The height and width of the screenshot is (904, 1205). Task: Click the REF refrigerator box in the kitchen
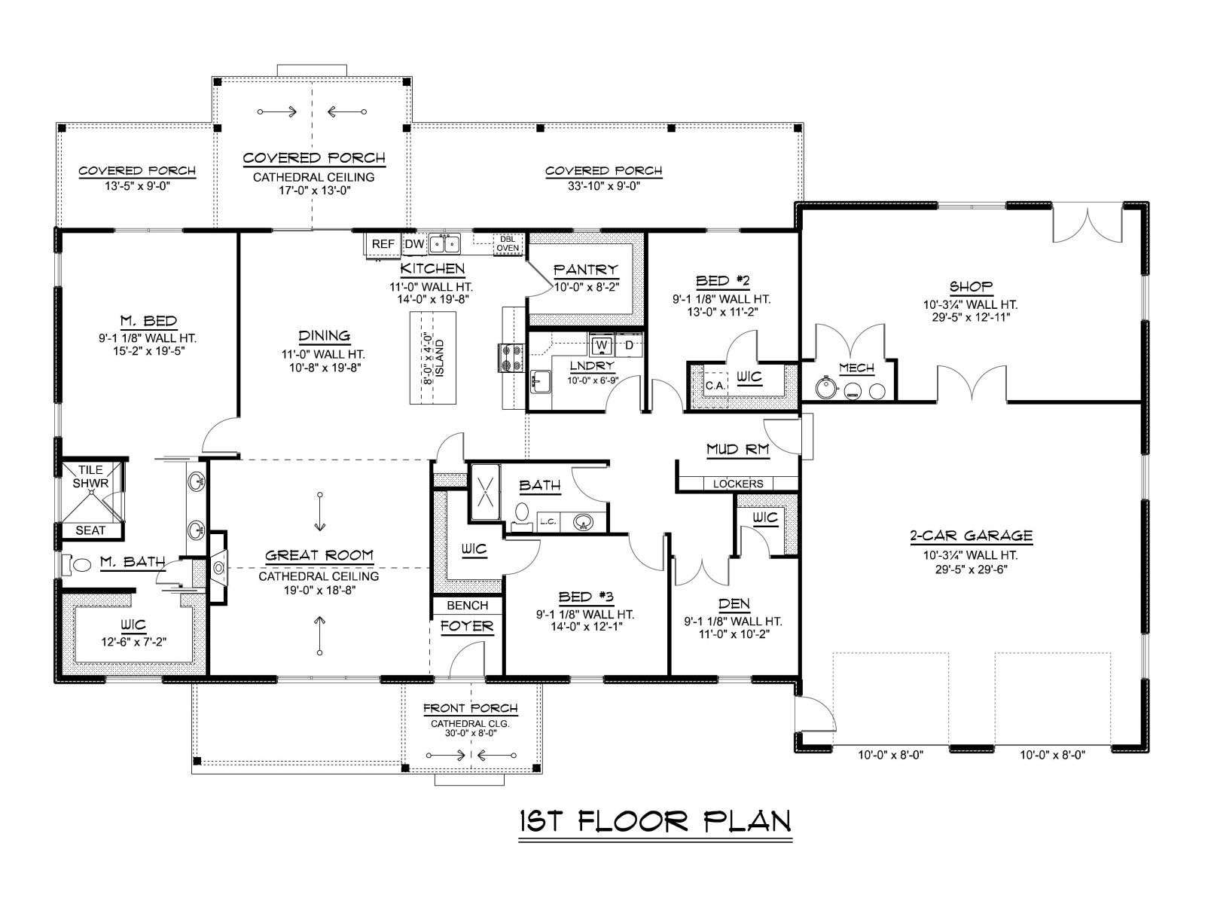[x=383, y=244]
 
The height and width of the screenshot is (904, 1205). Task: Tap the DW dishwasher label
[x=414, y=244]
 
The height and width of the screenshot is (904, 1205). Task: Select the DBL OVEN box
[x=508, y=243]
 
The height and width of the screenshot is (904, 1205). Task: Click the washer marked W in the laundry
[x=602, y=345]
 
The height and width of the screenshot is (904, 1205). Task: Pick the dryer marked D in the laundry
[x=629, y=345]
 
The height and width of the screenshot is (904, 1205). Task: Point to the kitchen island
[x=434, y=358]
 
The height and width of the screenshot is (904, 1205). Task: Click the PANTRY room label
[x=586, y=270]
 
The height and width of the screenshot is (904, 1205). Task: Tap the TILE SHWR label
[x=90, y=476]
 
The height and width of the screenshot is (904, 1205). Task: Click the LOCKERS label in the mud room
[x=738, y=484]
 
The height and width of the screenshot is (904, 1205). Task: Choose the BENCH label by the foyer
[x=467, y=606]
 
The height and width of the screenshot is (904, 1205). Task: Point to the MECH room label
[x=856, y=368]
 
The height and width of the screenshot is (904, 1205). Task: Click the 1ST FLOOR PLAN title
[x=655, y=822]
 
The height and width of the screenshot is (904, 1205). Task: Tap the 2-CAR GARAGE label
[x=971, y=535]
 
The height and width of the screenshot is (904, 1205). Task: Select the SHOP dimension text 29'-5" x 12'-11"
[x=971, y=317]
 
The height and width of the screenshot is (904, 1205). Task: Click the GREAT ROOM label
[x=319, y=555]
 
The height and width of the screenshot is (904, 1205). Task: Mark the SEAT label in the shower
[x=90, y=531]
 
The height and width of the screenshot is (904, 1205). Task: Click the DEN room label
[x=734, y=604]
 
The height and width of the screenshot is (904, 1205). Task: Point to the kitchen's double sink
[x=444, y=243]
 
